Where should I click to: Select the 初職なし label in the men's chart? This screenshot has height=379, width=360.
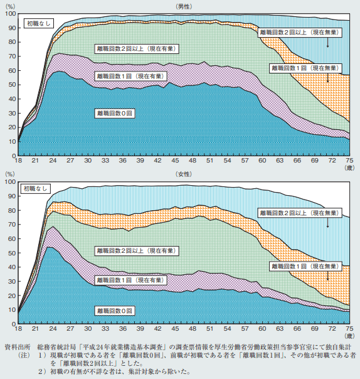click(37, 23)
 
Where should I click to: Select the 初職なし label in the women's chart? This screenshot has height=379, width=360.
click(37, 188)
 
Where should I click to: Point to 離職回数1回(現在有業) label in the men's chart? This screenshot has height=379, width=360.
click(130, 76)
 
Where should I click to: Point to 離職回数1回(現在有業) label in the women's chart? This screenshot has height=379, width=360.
click(130, 279)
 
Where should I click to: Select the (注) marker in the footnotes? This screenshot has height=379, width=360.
click(23, 355)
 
